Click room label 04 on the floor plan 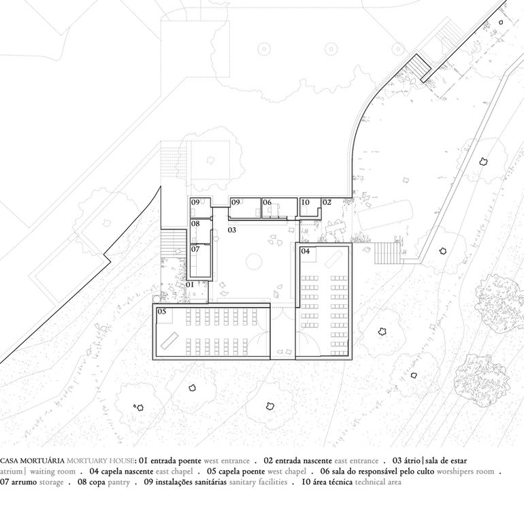306,251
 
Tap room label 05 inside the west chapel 162,312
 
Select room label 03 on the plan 232,230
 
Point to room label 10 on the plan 306,202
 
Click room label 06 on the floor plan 267,202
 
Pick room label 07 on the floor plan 195,249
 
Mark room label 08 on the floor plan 195,224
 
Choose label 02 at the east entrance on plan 327,202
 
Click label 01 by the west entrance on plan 190,284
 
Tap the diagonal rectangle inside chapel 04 333,259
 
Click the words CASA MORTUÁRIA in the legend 33,461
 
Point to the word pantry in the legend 118,482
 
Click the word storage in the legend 52,482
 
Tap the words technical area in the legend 378,482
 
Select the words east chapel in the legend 174,472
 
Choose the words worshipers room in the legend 465,472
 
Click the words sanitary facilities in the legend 258,482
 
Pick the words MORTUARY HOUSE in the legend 100,461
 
